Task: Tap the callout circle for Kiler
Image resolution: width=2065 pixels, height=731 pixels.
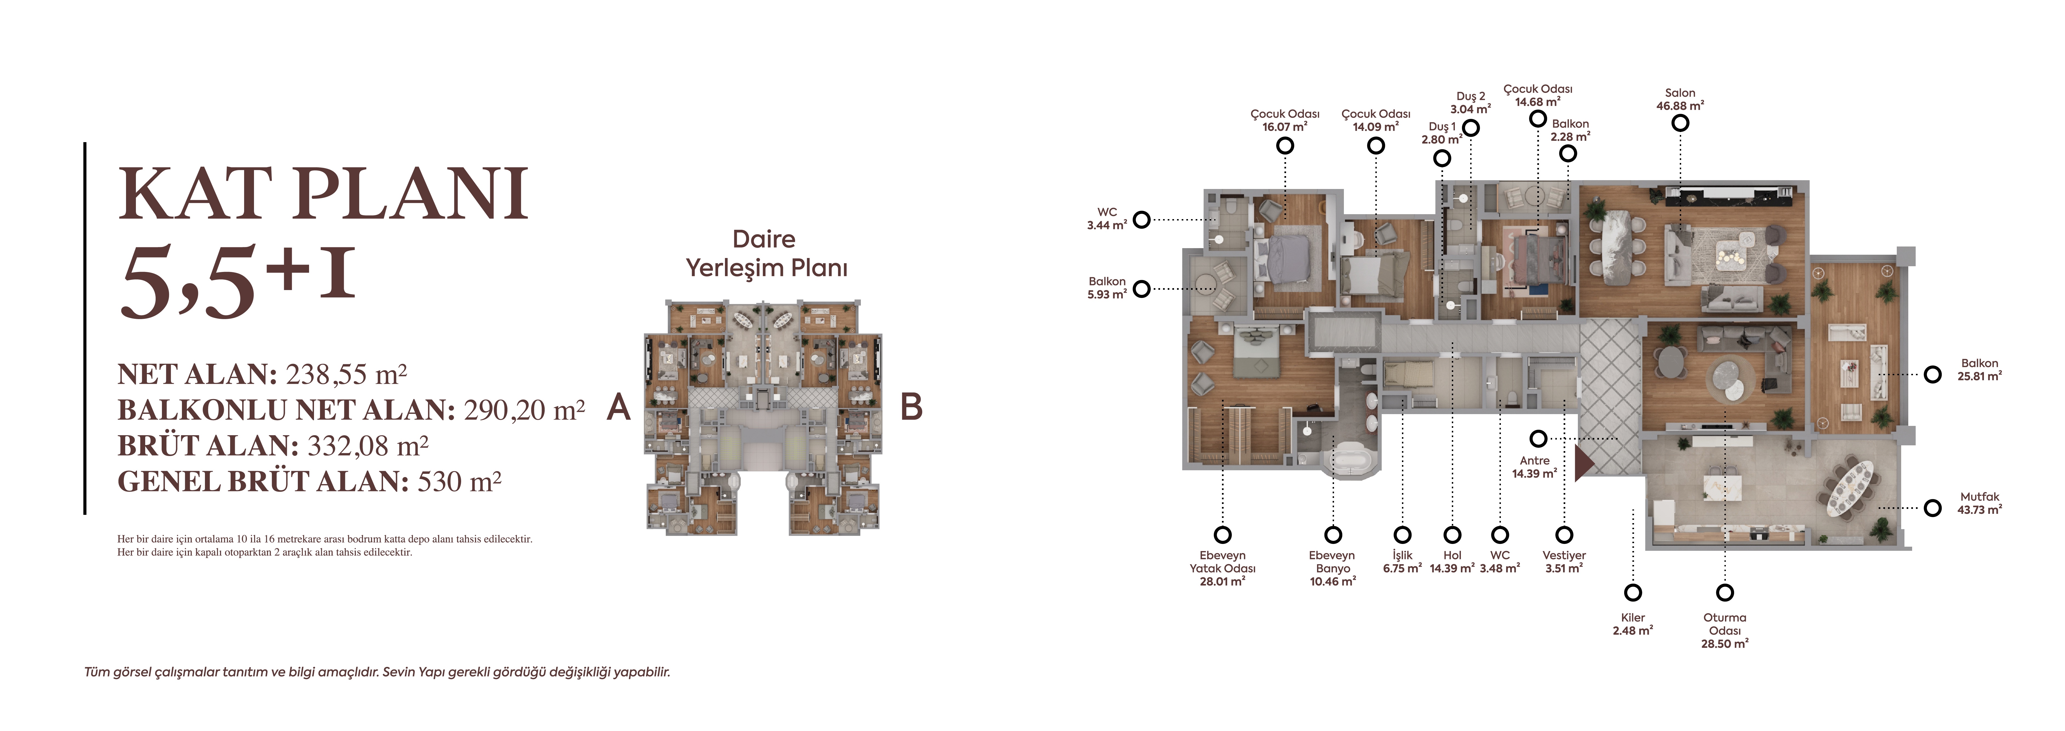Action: click(x=1633, y=592)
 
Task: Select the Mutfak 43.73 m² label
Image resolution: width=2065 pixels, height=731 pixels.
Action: click(x=1979, y=503)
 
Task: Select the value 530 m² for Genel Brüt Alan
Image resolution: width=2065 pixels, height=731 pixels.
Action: click(x=459, y=482)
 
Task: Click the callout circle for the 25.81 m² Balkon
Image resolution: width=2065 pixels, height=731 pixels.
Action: click(x=1933, y=374)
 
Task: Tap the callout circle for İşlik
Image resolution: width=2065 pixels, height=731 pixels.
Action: click(x=1402, y=535)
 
